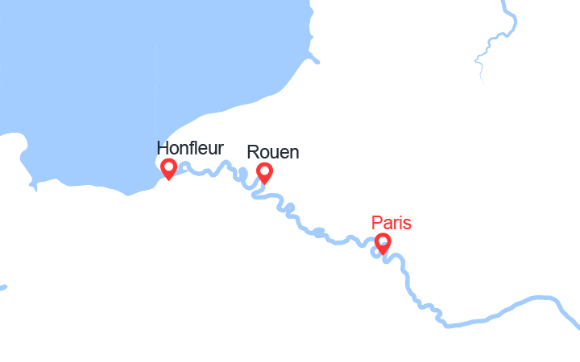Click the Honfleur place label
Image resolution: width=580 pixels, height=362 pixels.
click(190, 149)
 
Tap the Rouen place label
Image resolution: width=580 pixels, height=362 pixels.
click(273, 152)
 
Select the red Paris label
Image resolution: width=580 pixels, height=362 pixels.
click(391, 223)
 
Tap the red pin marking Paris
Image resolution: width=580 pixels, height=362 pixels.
click(383, 243)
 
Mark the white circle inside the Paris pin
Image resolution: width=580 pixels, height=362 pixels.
click(383, 241)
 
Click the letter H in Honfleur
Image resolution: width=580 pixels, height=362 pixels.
click(163, 149)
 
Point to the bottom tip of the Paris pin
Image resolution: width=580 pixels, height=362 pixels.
click(383, 253)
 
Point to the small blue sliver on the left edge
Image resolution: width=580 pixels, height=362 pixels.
click(2, 287)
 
